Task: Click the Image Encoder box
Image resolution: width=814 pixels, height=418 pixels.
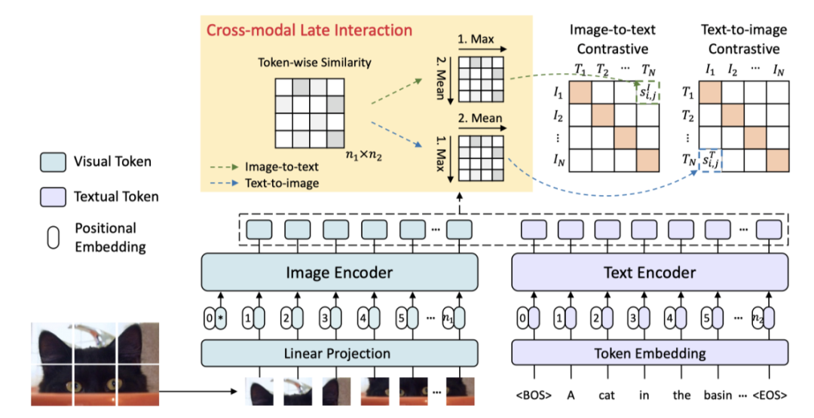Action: tap(339, 273)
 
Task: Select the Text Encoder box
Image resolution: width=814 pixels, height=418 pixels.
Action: tap(650, 273)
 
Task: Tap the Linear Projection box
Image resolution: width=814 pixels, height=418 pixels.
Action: tap(339, 353)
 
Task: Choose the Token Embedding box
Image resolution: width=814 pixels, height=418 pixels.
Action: tap(650, 353)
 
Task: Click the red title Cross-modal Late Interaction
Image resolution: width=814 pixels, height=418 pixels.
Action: tap(310, 30)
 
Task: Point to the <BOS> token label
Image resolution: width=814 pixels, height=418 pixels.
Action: tap(534, 395)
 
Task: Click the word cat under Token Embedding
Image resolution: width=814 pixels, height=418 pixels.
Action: tap(606, 395)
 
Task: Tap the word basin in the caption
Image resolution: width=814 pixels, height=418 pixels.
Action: tap(718, 395)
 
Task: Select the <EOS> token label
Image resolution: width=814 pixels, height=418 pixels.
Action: tap(769, 395)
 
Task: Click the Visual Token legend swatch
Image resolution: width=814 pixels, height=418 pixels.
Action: tap(53, 162)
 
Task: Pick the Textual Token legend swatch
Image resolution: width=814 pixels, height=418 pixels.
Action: tap(53, 197)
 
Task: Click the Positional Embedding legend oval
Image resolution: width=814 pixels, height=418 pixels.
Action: tap(53, 237)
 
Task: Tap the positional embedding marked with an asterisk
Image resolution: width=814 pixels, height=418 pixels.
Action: tap(221, 318)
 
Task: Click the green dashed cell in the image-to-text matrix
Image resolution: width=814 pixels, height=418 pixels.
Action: tap(648, 93)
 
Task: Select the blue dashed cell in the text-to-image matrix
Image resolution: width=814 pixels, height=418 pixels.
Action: tap(710, 160)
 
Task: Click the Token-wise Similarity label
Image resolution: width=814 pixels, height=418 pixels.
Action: tap(314, 63)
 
